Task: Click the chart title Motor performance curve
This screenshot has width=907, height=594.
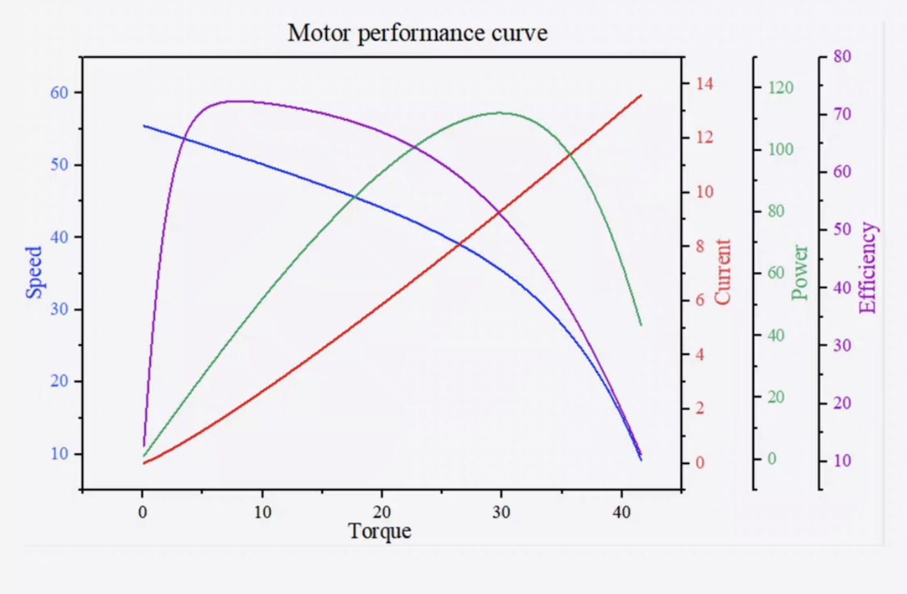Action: [x=417, y=32]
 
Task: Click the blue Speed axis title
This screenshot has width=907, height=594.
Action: [x=34, y=272]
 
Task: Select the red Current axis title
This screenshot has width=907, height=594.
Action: [x=723, y=272]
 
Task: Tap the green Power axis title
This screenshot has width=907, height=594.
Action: [x=801, y=272]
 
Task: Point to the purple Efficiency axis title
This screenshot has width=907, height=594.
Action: [x=867, y=268]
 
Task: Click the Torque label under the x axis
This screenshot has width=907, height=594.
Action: [x=379, y=531]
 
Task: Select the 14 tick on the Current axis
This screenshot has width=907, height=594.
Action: [x=702, y=84]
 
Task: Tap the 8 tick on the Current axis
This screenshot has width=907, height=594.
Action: [x=699, y=246]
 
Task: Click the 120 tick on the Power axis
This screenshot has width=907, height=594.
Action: [x=781, y=88]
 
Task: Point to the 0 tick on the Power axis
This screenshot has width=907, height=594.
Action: [x=772, y=459]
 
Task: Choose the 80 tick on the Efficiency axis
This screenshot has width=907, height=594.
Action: [x=842, y=57]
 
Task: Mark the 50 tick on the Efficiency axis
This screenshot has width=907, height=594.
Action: [x=842, y=229]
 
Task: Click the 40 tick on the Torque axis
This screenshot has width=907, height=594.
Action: [x=621, y=511]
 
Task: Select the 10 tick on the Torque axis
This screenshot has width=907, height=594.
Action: [x=262, y=511]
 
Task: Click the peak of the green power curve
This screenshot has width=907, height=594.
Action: [x=500, y=113]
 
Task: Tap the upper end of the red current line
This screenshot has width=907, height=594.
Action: [x=641, y=95]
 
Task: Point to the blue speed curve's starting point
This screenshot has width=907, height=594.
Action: [x=144, y=126]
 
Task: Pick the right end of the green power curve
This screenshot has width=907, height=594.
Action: [x=641, y=325]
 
